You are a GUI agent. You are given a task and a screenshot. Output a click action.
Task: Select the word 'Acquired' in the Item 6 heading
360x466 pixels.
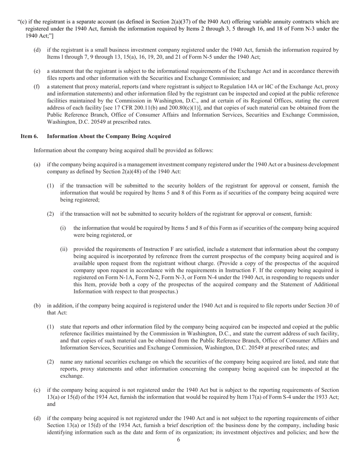(x=159, y=136)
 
